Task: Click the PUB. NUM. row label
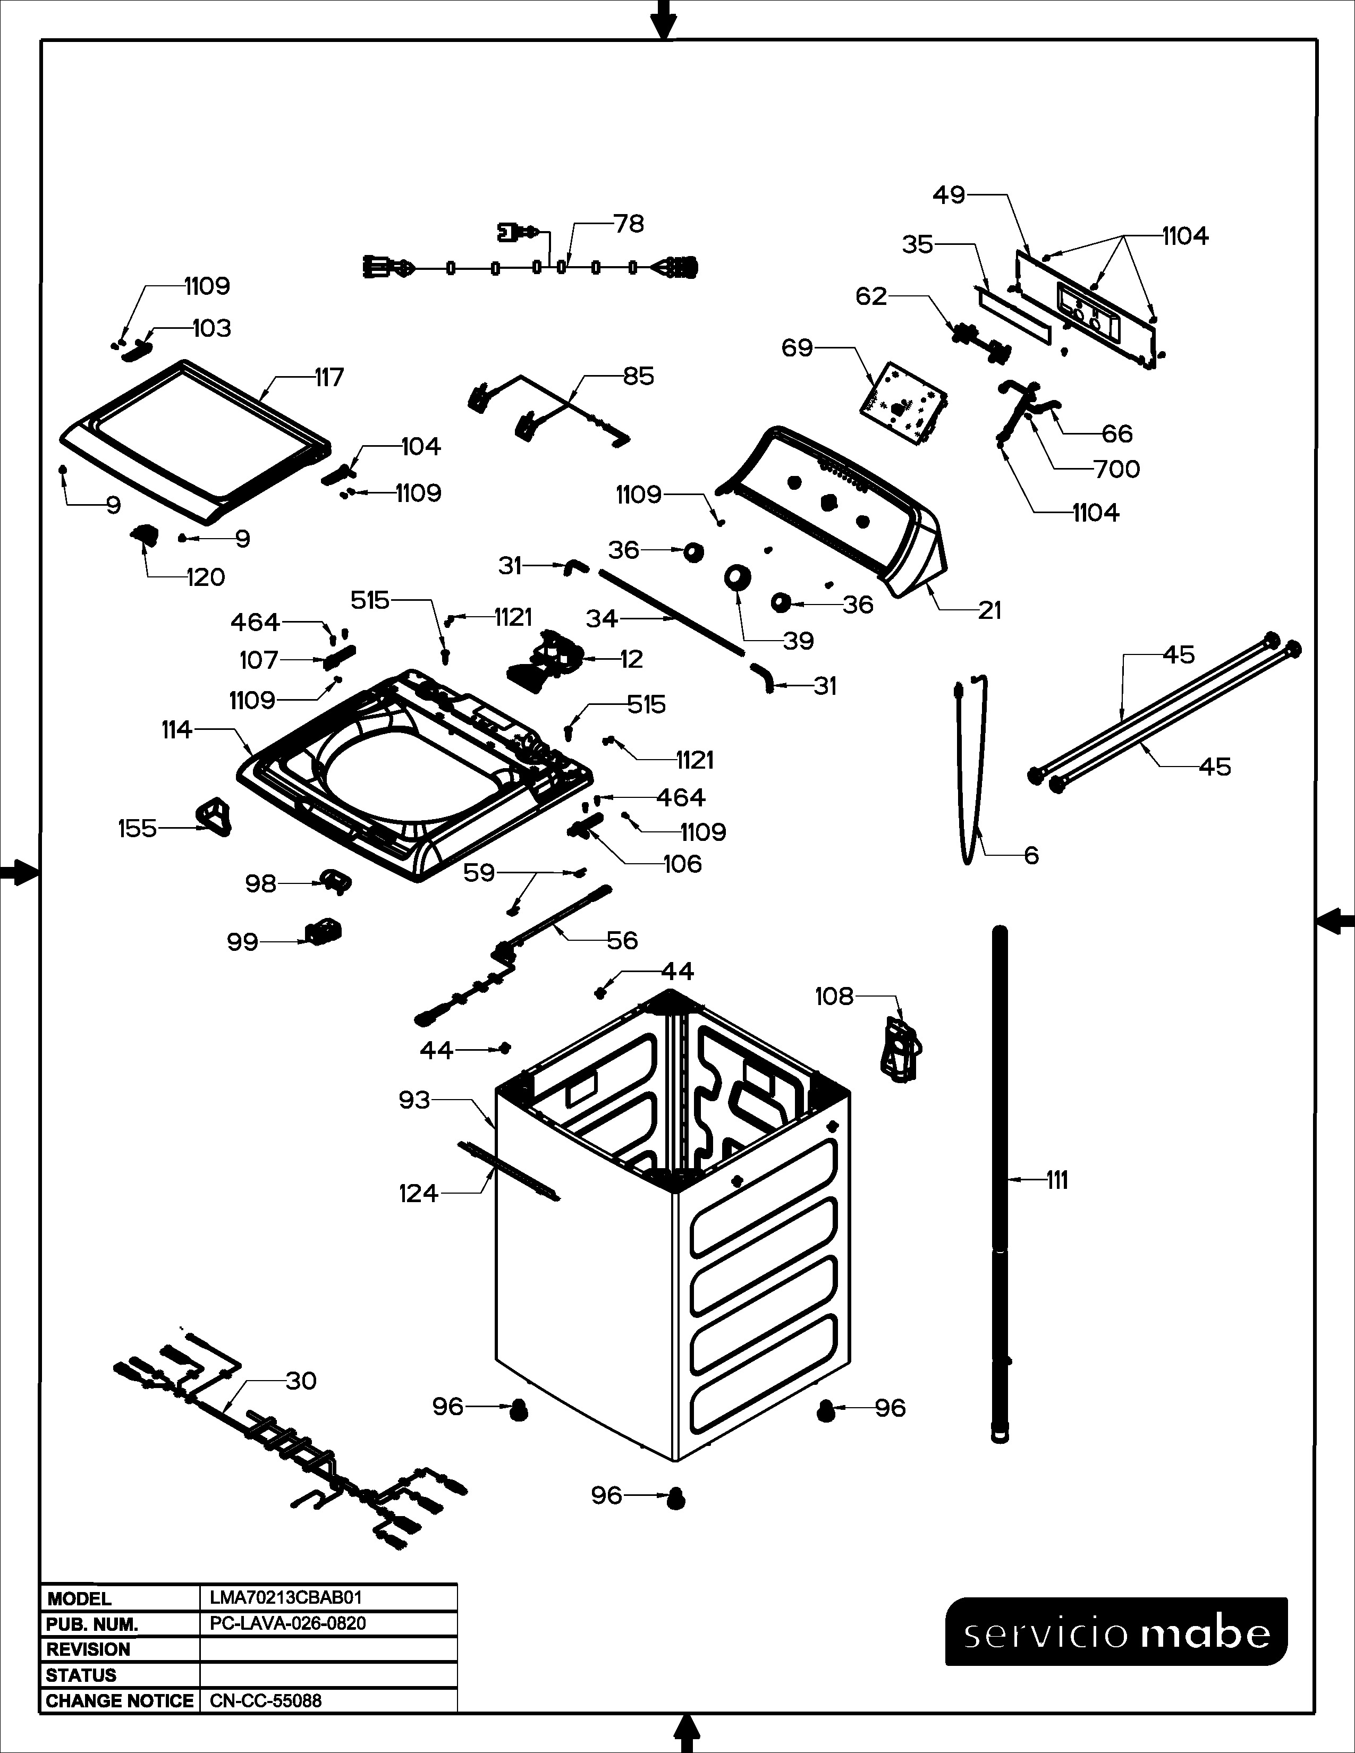tap(92, 1624)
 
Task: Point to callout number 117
tap(329, 377)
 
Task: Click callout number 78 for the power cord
tap(629, 224)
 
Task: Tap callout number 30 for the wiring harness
tap(301, 1381)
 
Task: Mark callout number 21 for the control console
tap(990, 611)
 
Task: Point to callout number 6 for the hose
tap(1031, 856)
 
